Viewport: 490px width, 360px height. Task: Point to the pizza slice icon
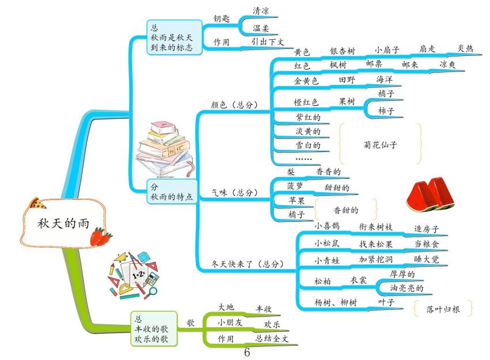[39, 203]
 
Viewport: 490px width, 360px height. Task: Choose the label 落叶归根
[445, 309]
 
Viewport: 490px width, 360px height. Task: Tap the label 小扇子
[387, 50]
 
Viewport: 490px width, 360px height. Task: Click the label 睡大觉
[427, 259]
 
